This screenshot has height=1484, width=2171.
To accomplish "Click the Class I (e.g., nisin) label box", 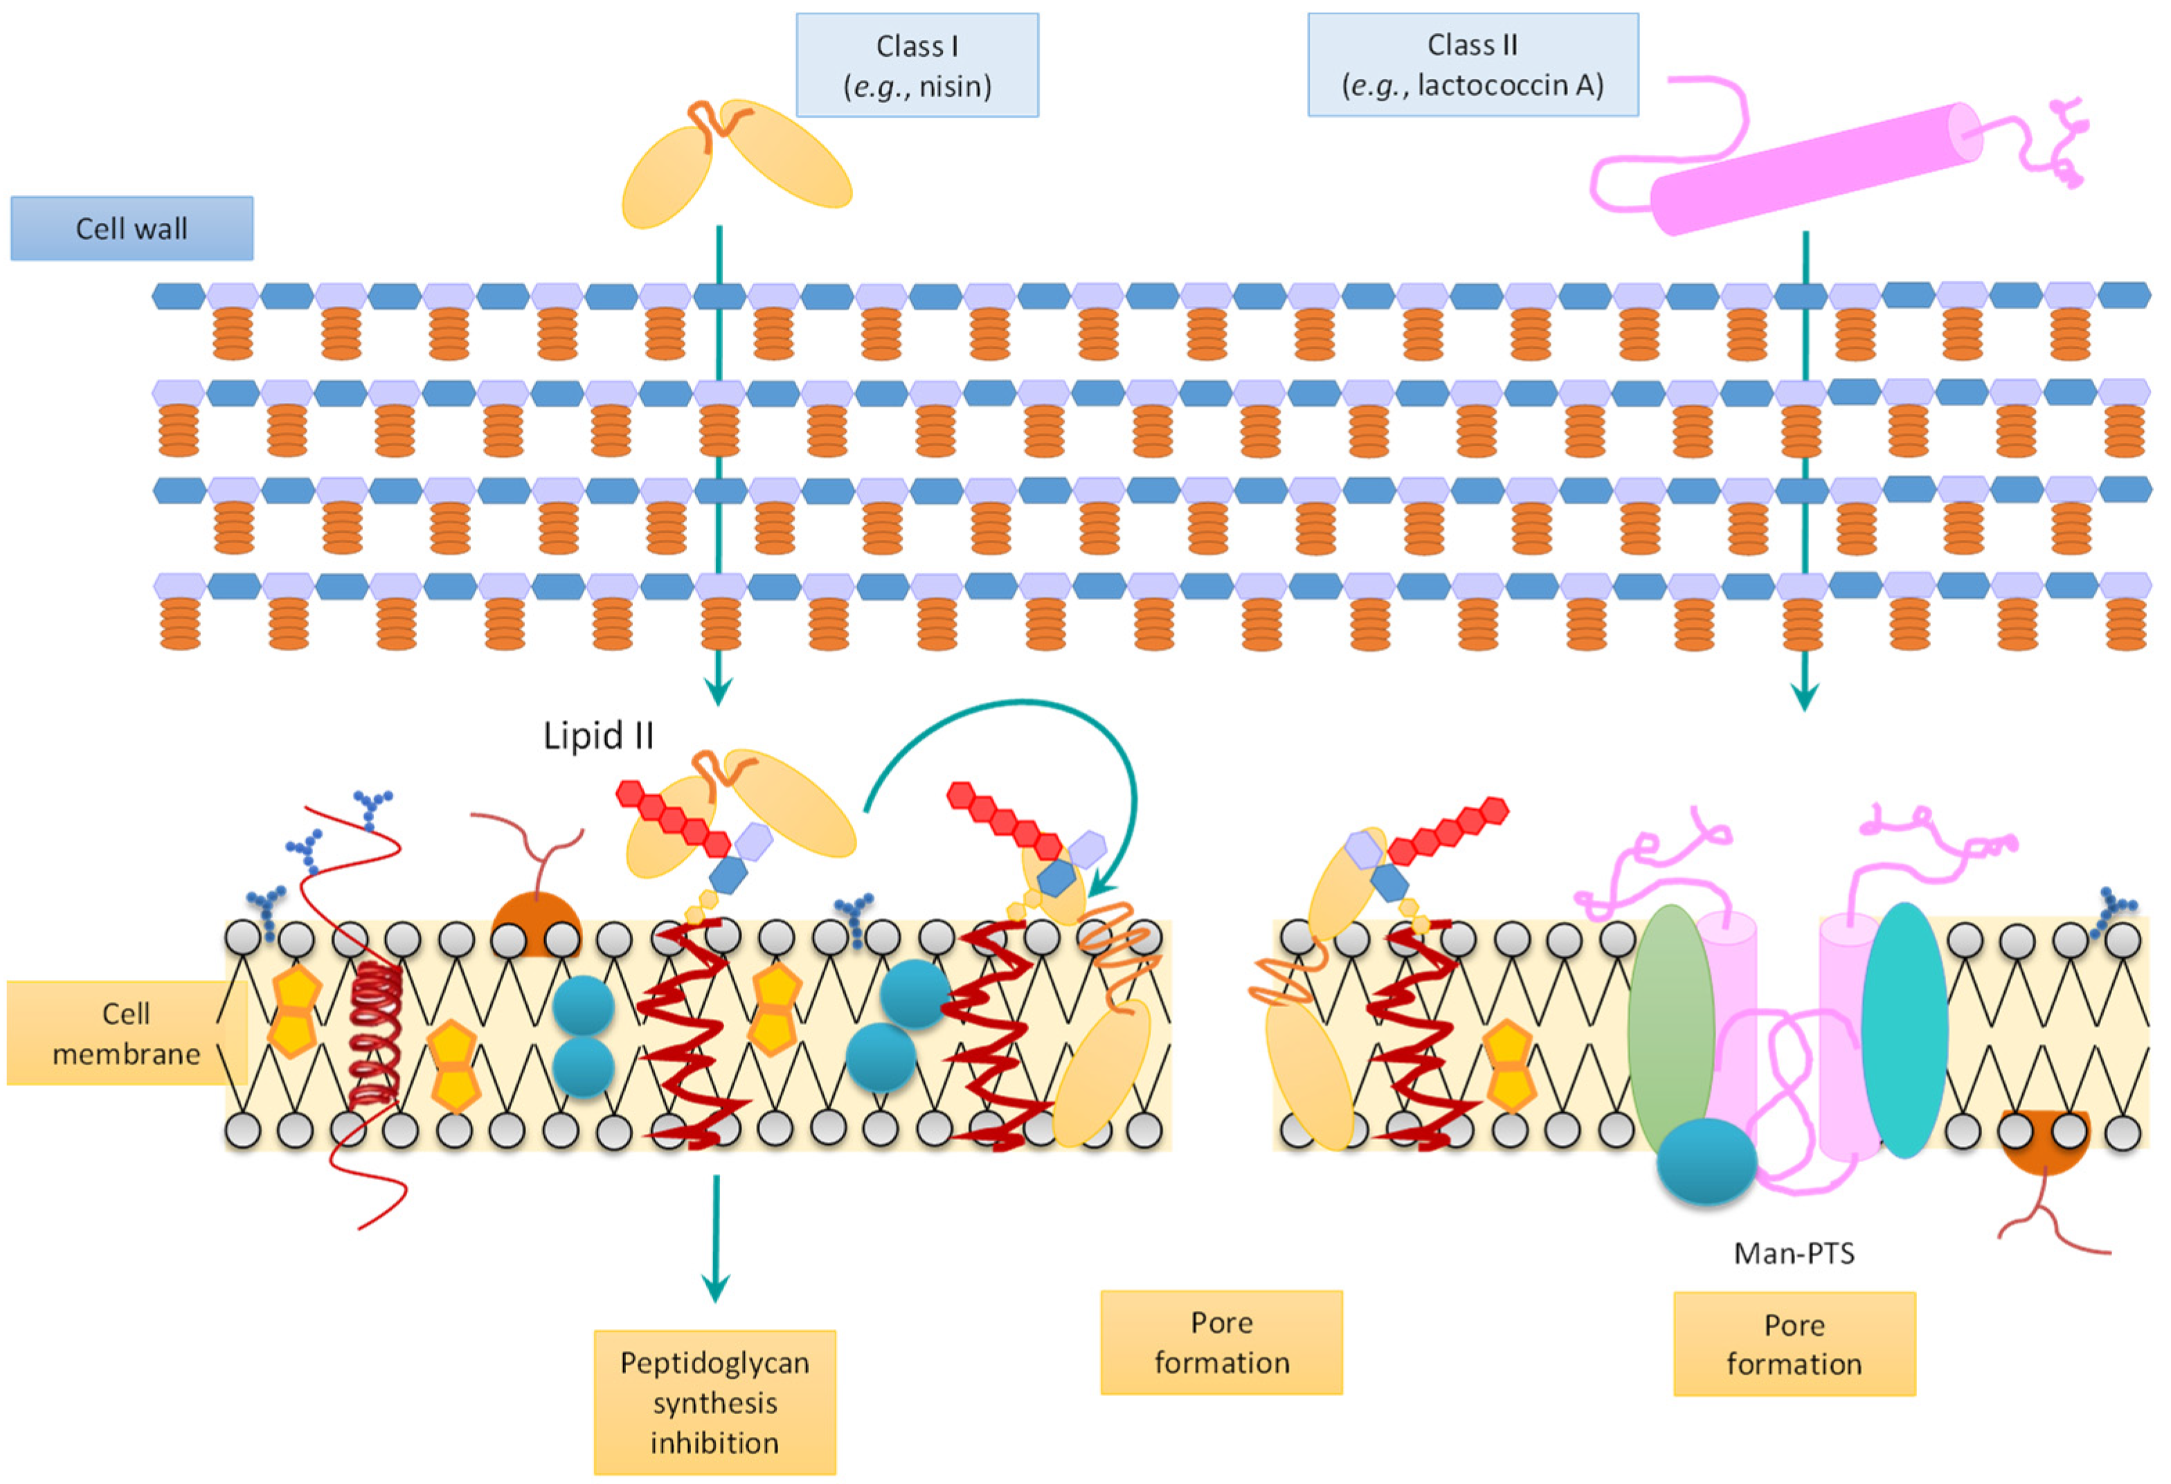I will pos(917,65).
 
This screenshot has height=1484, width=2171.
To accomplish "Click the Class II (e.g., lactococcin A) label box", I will pos(1472,64).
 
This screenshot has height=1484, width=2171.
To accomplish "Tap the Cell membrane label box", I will pos(125,1033).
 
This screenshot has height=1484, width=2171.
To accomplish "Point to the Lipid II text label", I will pos(598,736).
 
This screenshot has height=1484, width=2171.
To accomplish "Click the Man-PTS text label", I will pos(1794,1252).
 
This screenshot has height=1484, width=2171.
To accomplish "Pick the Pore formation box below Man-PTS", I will pos(1794,1344).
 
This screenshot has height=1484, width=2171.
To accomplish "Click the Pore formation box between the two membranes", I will pos(1221,1342).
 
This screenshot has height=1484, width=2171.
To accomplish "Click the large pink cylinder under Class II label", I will pos(1812,168).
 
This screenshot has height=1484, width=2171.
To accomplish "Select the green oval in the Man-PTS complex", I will pos(1670,1027).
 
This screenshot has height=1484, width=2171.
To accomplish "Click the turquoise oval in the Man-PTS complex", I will pos(1904,1027).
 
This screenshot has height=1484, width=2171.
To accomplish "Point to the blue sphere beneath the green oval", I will pos(1706,1161).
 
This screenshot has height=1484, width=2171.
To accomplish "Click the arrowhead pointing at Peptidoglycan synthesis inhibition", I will pos(716,1289).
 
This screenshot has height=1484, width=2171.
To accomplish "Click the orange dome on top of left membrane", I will pos(535,925).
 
